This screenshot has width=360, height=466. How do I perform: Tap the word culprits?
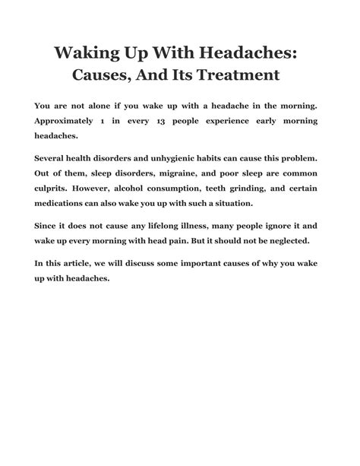pos(55,191)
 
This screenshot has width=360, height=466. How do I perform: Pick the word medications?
pos(66,205)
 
